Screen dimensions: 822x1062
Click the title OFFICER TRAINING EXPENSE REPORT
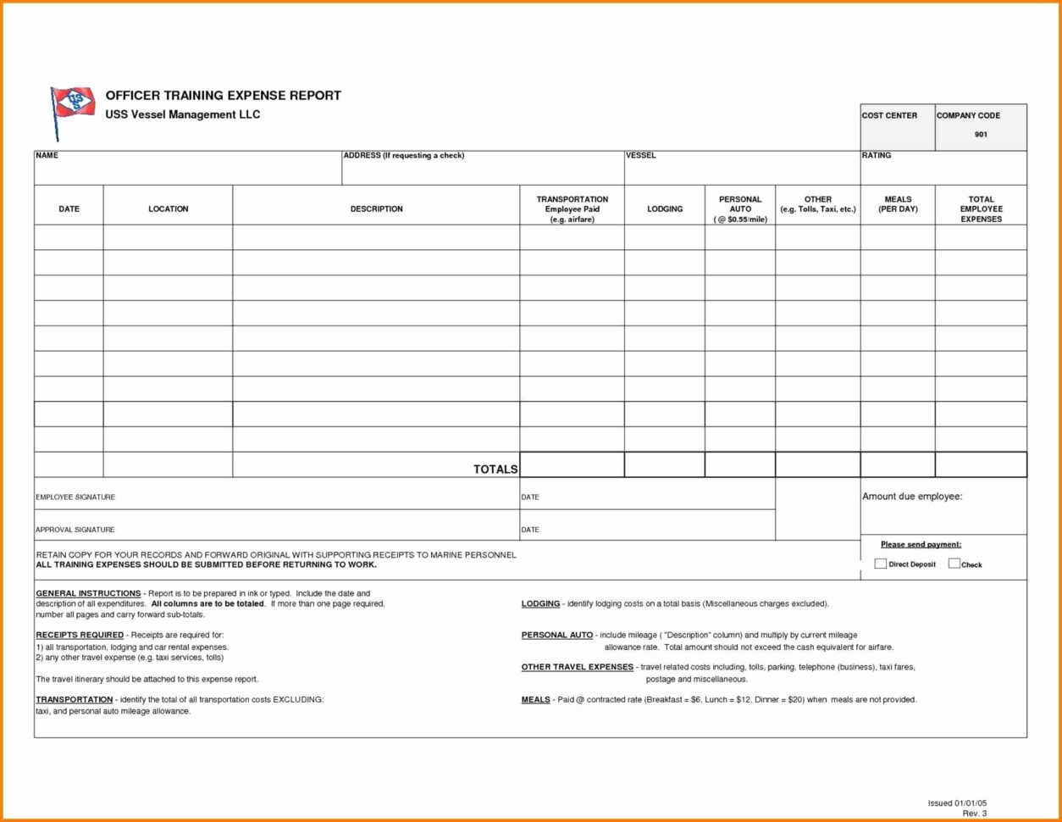coord(223,96)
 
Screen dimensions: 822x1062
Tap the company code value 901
coord(980,135)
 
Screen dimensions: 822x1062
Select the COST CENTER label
coord(888,116)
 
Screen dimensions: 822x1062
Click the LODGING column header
coord(665,209)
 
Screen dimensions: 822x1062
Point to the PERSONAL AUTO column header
coord(740,209)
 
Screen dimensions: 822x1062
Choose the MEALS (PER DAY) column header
coord(898,204)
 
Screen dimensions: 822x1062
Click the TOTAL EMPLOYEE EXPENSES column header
coord(981,209)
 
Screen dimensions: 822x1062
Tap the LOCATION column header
coord(168,209)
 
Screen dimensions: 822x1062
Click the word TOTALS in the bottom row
coord(495,469)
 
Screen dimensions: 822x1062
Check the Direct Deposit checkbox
coord(880,564)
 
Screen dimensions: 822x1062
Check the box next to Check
coord(954,564)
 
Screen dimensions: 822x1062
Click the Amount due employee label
coord(911,497)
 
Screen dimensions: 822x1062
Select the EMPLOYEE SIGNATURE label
coord(75,497)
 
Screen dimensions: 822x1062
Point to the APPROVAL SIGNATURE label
coord(75,530)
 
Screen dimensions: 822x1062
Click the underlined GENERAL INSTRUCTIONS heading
coord(88,593)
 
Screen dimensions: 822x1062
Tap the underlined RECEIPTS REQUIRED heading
coord(80,635)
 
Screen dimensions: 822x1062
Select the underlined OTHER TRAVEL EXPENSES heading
coord(577,668)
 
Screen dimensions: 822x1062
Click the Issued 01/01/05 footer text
coord(957,803)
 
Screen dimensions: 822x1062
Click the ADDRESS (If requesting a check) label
coord(403,156)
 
